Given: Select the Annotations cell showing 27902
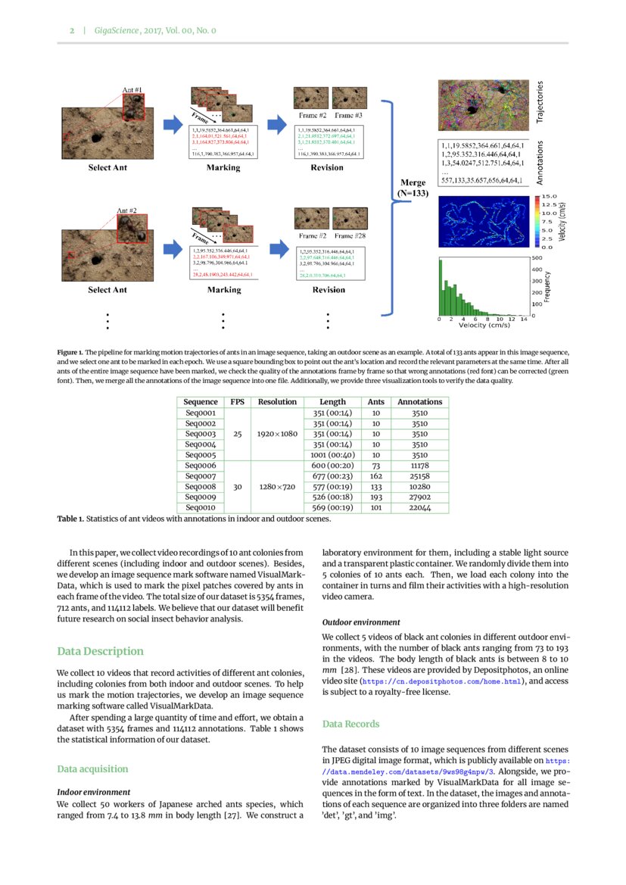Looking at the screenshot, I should tap(419, 497).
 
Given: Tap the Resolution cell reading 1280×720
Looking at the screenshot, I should tap(278, 487).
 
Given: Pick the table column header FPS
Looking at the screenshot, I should tap(238, 402).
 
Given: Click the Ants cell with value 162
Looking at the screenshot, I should tap(375, 476).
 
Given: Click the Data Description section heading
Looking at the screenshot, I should tap(100, 651).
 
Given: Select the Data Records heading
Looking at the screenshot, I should tap(350, 725).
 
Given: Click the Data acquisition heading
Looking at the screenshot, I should tap(92, 769).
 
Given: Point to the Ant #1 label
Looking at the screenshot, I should tap(132, 90).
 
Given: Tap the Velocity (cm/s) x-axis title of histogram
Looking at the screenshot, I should tap(484, 326).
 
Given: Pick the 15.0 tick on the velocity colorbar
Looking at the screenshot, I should tap(549, 197).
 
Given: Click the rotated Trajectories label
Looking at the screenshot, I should tap(540, 103).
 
